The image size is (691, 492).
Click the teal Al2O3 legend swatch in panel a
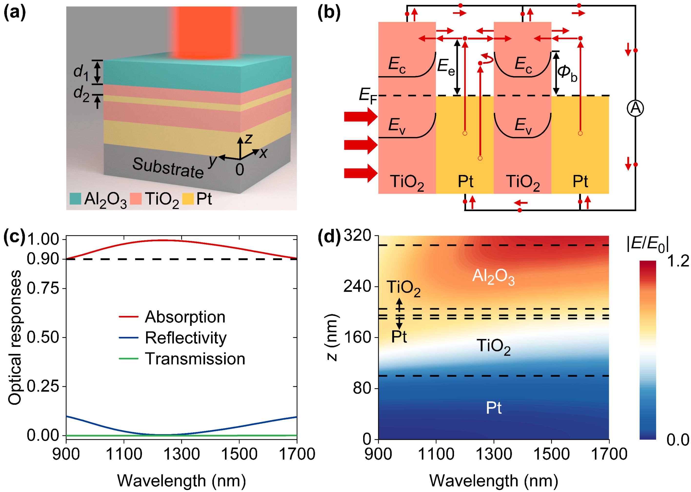[75, 199]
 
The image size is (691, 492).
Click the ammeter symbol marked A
[635, 108]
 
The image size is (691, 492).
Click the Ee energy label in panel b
[446, 67]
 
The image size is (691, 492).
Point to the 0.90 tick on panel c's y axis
[42, 259]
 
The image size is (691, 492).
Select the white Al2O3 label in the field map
[493, 276]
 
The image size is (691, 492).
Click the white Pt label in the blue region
[493, 408]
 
